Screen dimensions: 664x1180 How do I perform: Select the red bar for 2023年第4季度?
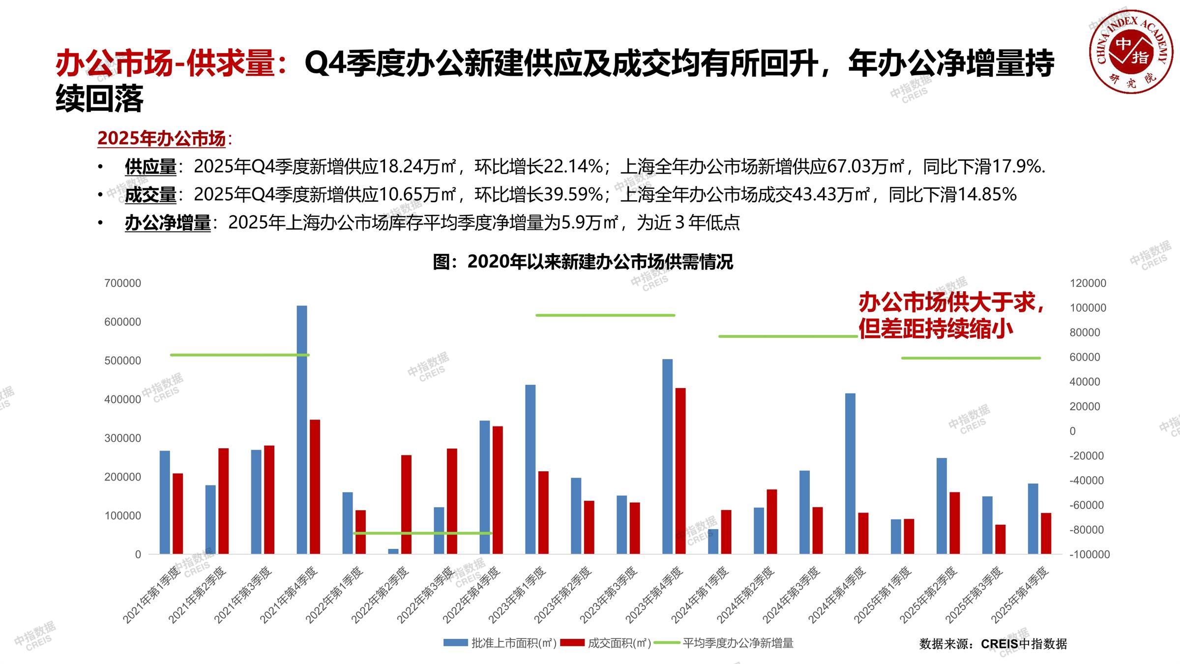tap(680, 471)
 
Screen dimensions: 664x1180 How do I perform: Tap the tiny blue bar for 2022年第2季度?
tap(393, 551)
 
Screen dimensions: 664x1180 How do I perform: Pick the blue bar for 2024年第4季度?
tap(850, 473)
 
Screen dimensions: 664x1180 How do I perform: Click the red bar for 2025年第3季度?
tap(1000, 539)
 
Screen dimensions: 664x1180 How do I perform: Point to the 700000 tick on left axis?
tap(122, 283)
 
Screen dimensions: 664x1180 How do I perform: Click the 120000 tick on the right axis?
tap(1088, 283)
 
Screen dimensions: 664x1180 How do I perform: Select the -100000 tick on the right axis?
tap(1089, 554)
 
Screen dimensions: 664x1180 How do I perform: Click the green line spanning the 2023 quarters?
tap(605, 315)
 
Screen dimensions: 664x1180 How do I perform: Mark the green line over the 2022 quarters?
tap(422, 533)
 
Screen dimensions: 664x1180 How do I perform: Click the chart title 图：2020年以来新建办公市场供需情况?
tap(583, 262)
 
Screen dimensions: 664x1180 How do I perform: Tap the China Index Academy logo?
tap(1130, 51)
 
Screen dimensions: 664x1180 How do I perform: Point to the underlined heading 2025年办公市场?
tap(161, 139)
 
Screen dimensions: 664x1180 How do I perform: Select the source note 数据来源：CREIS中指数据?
tap(993, 644)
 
